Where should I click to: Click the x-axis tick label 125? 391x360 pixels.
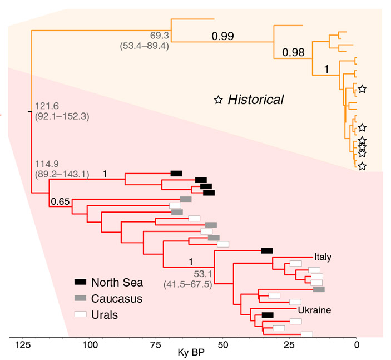click(22, 345)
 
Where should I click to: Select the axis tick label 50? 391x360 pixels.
click(223, 345)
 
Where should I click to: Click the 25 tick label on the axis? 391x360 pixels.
click(290, 345)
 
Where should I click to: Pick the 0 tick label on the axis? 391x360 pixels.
click(357, 345)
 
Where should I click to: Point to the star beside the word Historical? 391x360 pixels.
click(219, 100)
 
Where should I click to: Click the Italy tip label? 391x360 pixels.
click(323, 257)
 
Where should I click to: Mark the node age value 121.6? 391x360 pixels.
click(46, 106)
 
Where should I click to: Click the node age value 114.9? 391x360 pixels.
click(46, 164)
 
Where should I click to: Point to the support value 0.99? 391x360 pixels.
click(222, 37)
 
